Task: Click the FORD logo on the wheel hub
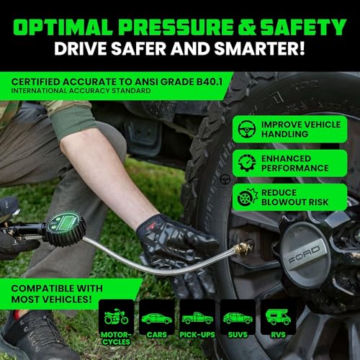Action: point(305,255)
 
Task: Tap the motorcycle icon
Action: point(116,316)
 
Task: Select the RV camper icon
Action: point(278,317)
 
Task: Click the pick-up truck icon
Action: point(197,318)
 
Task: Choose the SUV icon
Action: point(238,318)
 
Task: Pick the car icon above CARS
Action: point(157,318)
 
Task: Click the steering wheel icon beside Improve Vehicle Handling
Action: point(247,129)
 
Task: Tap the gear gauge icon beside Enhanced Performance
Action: point(247,163)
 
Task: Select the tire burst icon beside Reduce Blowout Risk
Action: point(247,197)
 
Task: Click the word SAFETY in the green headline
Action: point(303,27)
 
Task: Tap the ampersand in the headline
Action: point(246,27)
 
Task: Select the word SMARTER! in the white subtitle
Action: point(259,49)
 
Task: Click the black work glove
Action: point(179,250)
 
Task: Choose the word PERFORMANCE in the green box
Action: point(295,168)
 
